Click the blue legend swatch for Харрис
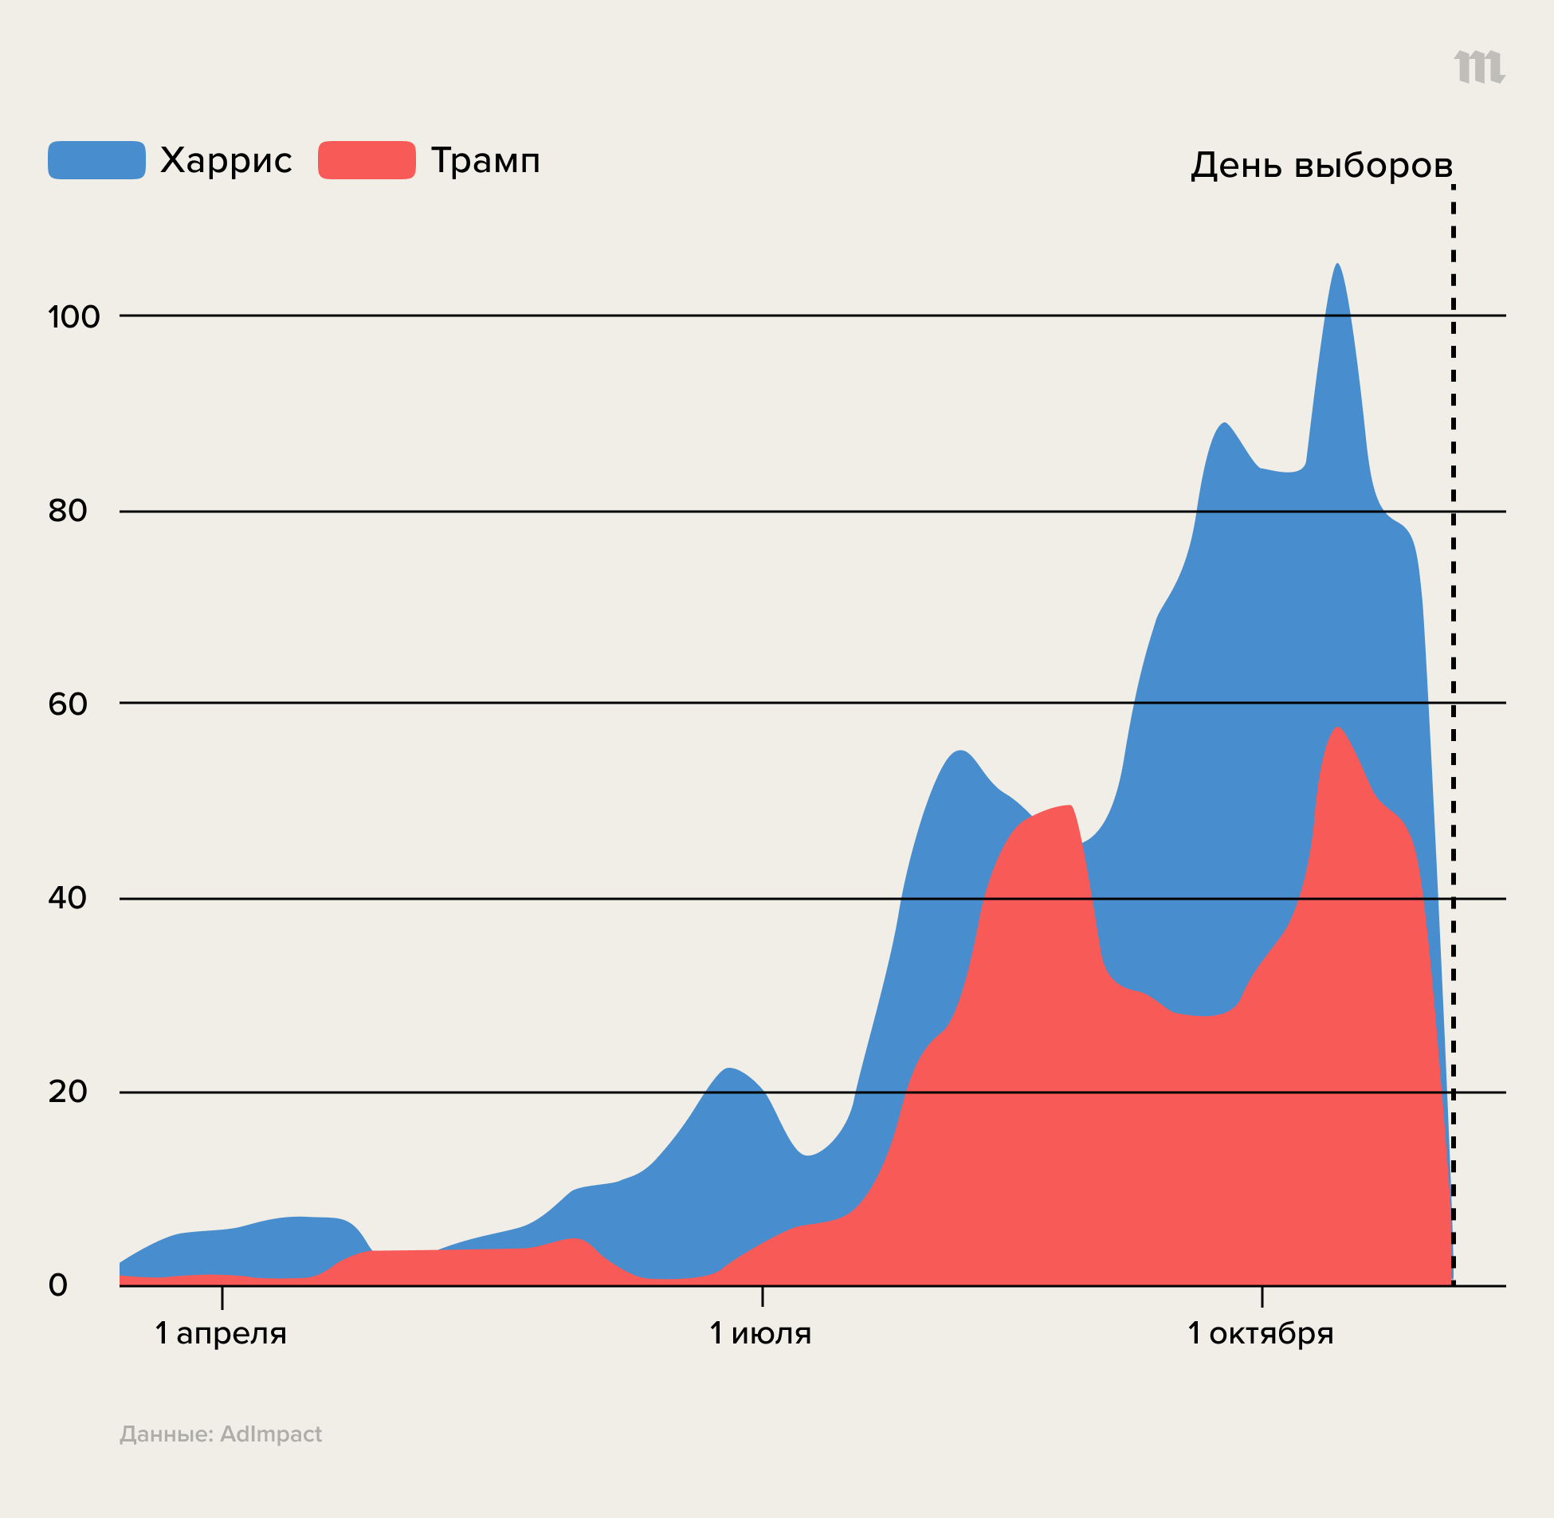(96, 160)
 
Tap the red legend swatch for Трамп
(367, 160)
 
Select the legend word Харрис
(226, 161)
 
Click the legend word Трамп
(485, 161)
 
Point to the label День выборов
(1321, 166)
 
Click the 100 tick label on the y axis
(74, 317)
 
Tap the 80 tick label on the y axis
(68, 511)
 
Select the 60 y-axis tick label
(68, 704)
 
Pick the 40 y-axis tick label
(68, 898)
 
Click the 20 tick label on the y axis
(68, 1092)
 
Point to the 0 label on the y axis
(58, 1285)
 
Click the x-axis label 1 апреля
(221, 1333)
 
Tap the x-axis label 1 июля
(760, 1333)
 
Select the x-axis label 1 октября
(1261, 1333)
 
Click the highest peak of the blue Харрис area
(1337, 265)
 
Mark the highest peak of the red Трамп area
(1337, 728)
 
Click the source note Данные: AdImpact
(221, 1434)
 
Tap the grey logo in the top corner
(1479, 66)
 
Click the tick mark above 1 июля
(762, 1296)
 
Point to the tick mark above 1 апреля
(222, 1297)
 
